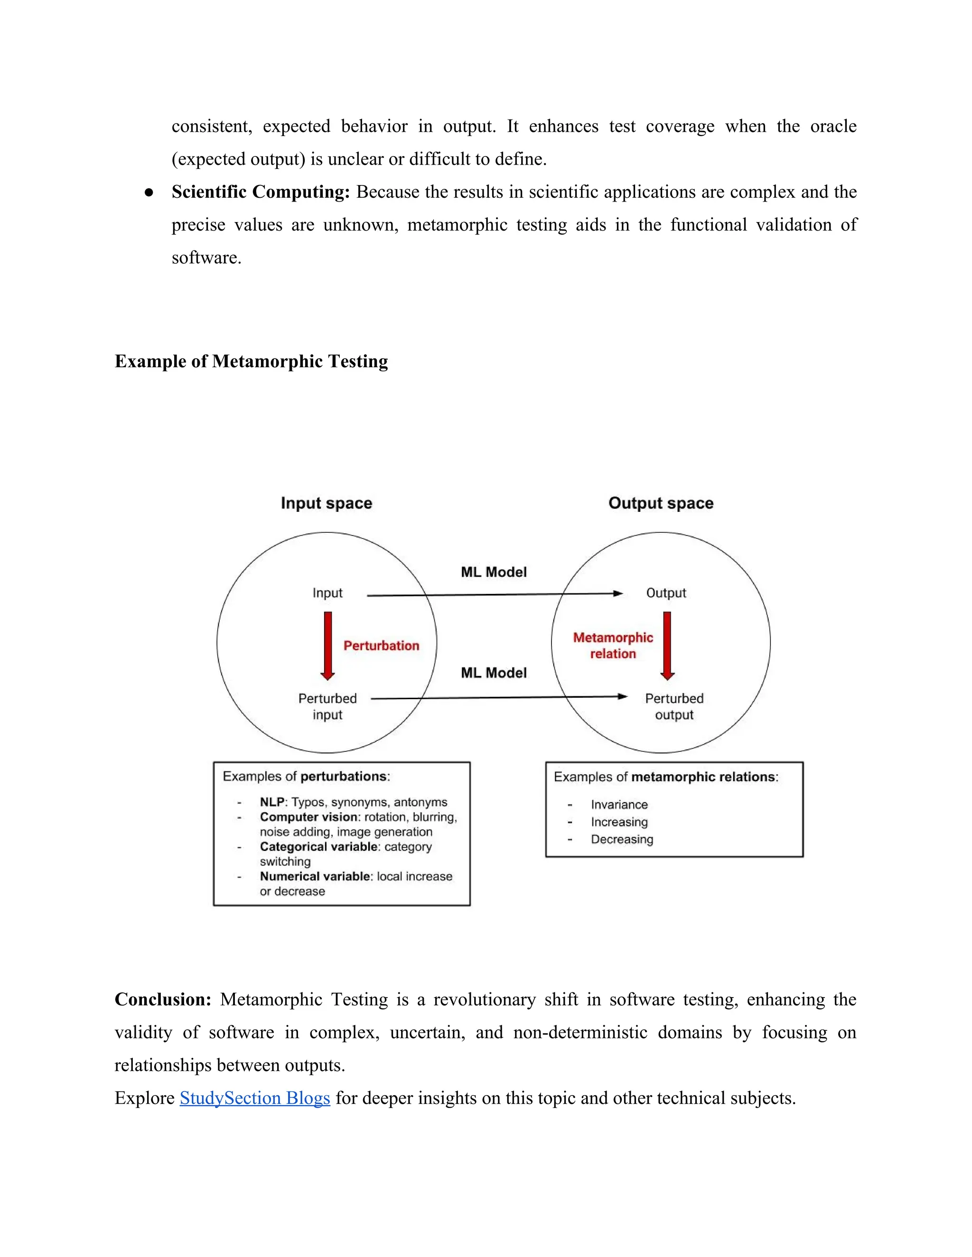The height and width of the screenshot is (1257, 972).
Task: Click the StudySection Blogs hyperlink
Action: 254,1098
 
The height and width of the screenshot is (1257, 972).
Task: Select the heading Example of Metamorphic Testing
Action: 251,361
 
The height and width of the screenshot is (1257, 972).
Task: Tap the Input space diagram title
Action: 327,503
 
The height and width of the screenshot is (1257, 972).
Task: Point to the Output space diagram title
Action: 661,503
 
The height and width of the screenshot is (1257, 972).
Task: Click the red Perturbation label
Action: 381,645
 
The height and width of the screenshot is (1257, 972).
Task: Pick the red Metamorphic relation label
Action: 613,645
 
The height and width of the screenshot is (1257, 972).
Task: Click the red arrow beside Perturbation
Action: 327,645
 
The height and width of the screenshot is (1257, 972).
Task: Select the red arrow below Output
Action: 667,645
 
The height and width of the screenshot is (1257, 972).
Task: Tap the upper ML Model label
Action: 494,572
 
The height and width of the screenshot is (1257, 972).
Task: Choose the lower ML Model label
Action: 494,673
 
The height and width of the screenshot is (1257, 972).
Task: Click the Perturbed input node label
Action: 327,706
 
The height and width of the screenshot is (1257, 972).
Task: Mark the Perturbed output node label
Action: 674,706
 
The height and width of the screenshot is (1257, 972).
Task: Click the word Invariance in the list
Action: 619,804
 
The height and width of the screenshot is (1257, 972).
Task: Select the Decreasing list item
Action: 622,839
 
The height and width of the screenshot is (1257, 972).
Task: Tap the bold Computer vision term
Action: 308,817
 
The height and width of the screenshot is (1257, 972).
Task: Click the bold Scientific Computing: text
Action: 260,192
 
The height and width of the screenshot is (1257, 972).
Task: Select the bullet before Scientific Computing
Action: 149,192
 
